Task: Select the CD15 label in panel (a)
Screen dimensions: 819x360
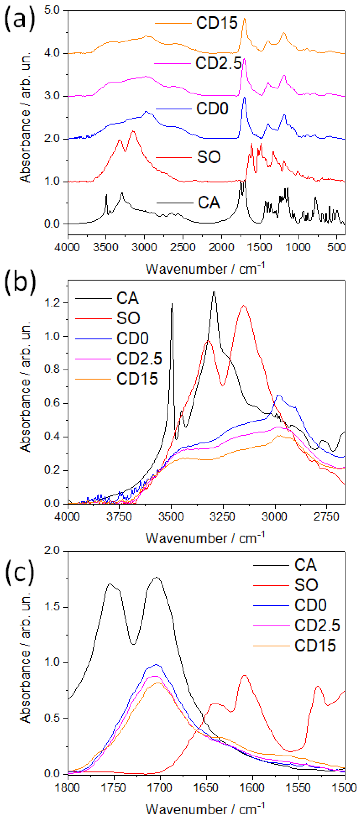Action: point(217,23)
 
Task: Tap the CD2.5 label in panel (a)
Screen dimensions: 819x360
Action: point(218,63)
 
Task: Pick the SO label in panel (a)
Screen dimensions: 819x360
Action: point(209,157)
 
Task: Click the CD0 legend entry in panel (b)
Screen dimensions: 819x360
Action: point(132,338)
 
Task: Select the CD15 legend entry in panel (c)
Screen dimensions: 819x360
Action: point(315,645)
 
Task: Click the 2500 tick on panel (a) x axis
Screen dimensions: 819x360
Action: point(183,247)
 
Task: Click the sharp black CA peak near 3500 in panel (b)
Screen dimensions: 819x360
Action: point(172,304)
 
